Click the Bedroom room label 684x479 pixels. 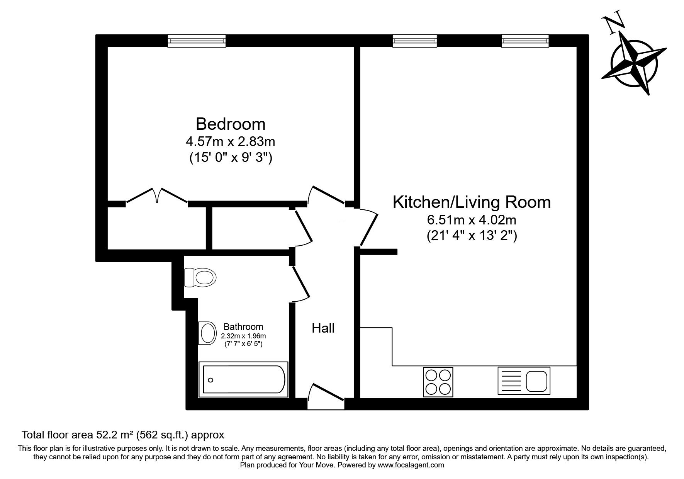coord(231,124)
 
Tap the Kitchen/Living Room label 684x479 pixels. coord(472,202)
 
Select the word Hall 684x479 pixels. coord(323,328)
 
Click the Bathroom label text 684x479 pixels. coord(243,327)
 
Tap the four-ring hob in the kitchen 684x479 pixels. coord(438,381)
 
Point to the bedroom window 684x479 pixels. coord(197,41)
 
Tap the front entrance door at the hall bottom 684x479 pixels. coord(326,396)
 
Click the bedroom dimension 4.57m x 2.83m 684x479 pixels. coord(231,142)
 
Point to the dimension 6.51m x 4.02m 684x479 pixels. coord(472,220)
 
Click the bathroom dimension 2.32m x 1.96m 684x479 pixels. coord(243,336)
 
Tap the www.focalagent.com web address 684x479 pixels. coord(411,465)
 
